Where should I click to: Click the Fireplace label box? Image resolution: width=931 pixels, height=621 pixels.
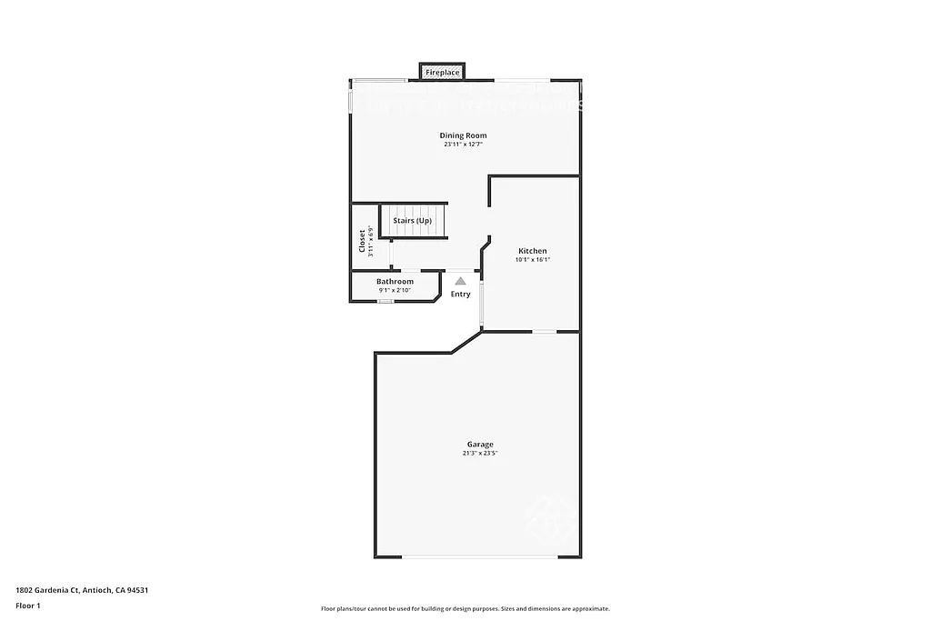442,72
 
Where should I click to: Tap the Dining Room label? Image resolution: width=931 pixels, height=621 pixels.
464,135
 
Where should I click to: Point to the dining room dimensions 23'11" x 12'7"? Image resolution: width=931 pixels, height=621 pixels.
464,145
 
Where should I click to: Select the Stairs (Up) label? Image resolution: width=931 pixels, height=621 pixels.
412,221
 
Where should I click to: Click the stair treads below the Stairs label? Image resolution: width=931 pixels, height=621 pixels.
414,233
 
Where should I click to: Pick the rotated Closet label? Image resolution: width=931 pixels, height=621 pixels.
362,240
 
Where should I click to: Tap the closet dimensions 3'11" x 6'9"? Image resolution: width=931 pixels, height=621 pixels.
371,242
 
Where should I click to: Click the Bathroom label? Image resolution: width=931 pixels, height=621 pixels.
395,282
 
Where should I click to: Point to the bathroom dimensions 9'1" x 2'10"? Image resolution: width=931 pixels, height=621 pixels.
395,290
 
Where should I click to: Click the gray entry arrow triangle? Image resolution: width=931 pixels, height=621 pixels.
461,282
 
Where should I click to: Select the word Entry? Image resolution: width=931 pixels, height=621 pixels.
461,294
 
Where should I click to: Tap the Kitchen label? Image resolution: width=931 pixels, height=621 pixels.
533,251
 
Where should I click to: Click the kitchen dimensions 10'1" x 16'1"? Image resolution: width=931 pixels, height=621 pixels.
533,260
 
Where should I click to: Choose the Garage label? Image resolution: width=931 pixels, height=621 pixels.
480,445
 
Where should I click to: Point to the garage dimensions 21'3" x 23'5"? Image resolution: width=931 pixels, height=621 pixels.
480,453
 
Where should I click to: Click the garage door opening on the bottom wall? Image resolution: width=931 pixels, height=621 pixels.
480,556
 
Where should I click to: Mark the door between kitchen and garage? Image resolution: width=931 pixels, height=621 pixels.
544,332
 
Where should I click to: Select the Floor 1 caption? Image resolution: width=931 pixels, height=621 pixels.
28,606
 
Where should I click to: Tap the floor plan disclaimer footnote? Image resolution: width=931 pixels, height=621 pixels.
465,609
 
